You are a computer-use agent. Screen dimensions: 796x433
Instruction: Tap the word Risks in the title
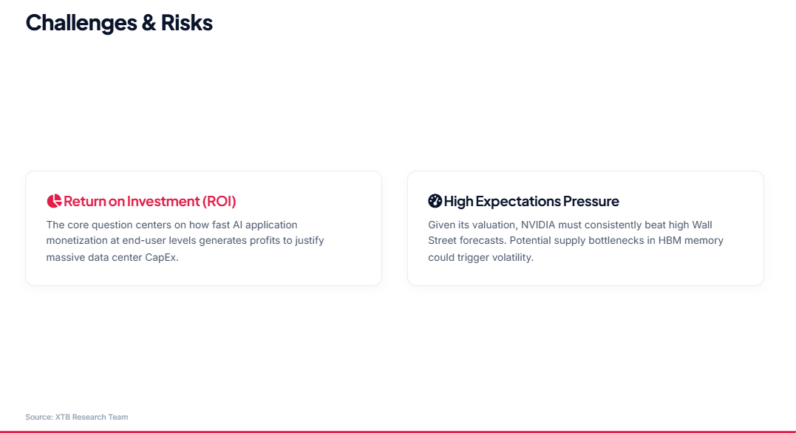pos(187,23)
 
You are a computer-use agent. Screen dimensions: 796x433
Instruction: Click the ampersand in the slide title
pos(149,23)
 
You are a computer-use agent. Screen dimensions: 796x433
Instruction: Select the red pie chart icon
pos(54,201)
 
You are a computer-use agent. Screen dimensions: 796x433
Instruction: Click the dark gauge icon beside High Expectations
pos(435,201)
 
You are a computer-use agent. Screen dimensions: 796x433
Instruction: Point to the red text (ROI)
pos(220,201)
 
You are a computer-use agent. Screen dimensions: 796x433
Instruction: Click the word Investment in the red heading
pos(163,201)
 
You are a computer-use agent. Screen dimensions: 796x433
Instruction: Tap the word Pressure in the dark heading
pos(591,202)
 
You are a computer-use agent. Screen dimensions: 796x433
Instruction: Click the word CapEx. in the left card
pos(162,257)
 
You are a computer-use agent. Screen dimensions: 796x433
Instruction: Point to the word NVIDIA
pos(538,225)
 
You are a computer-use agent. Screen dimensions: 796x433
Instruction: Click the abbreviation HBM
pos(670,240)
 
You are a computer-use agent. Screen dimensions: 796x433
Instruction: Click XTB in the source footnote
pos(62,417)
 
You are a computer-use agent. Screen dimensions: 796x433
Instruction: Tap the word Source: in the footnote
pos(39,417)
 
